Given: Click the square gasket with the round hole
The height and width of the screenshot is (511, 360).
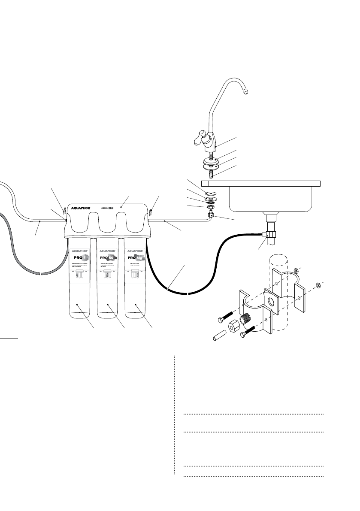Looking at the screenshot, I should [x=271, y=300].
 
